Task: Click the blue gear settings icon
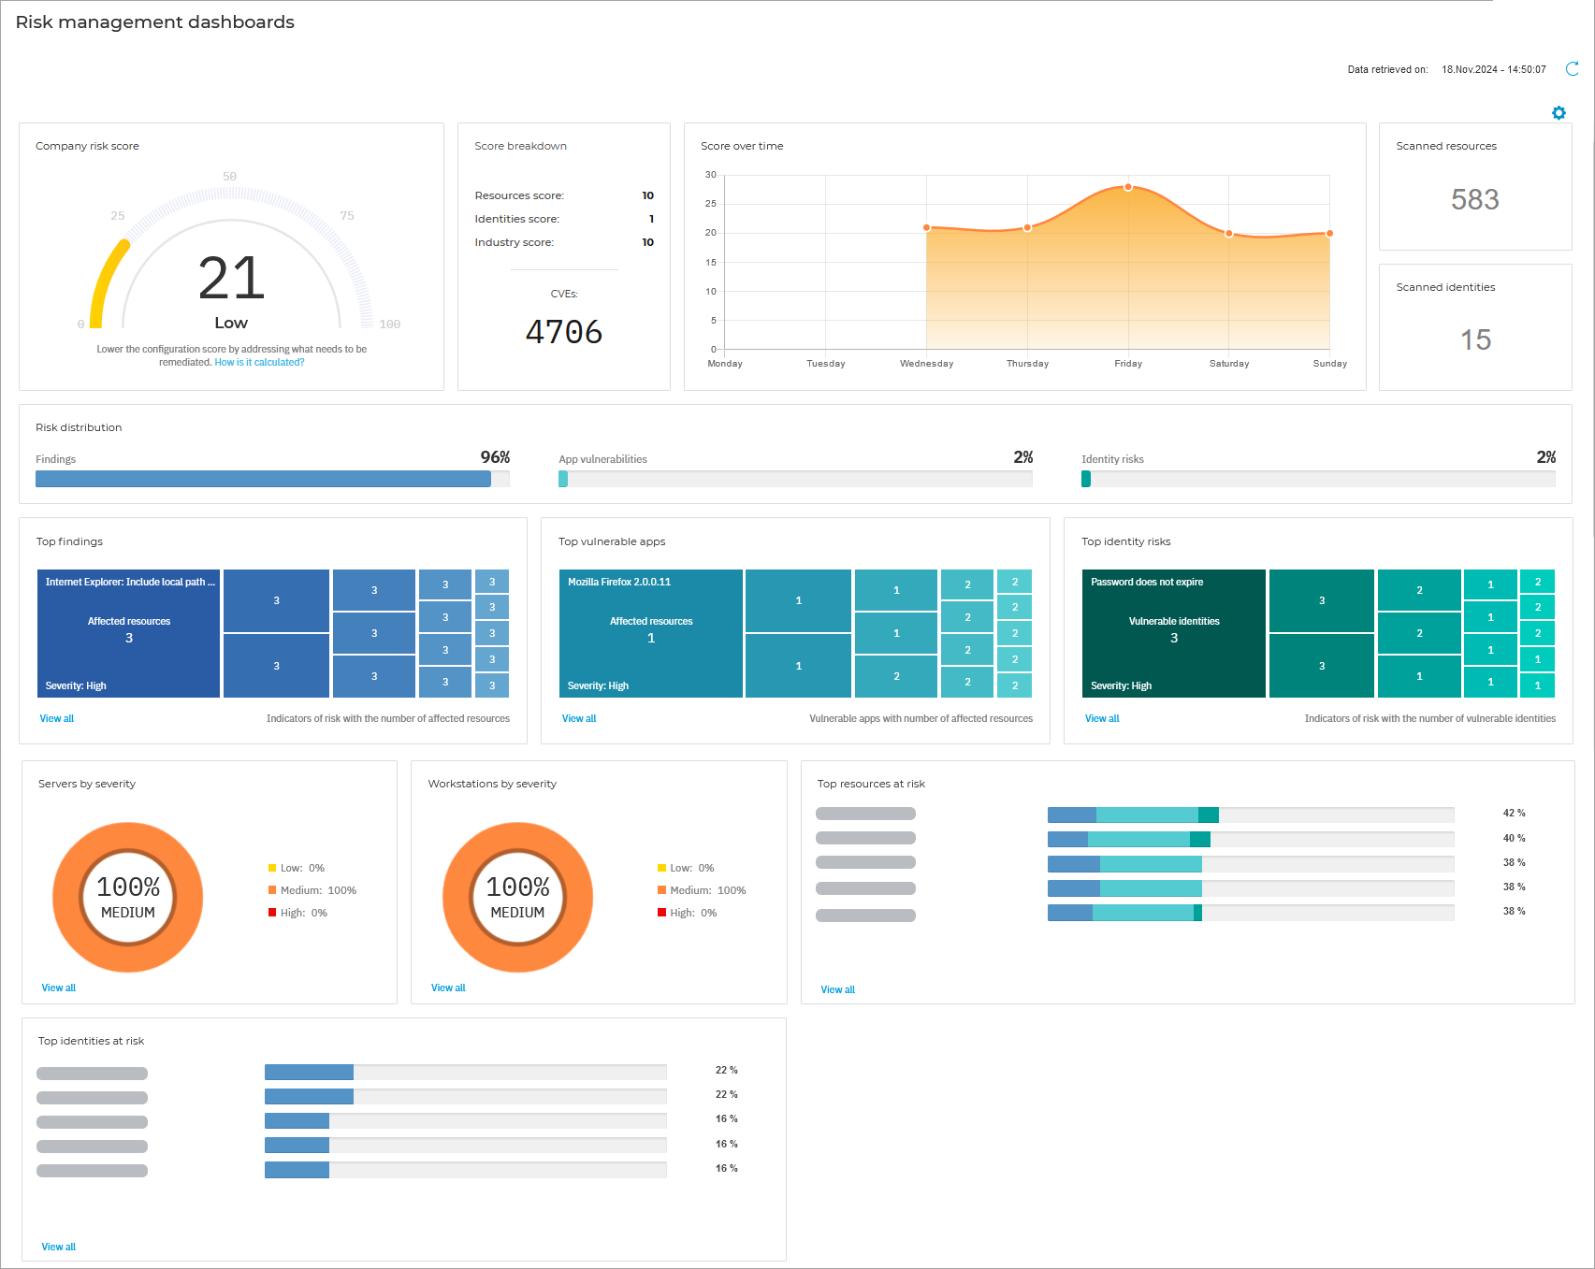pos(1559,113)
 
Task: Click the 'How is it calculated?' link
pos(259,363)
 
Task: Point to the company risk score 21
pos(231,279)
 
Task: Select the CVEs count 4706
pos(563,332)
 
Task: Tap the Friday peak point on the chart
pos(1128,187)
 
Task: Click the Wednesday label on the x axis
pos(926,364)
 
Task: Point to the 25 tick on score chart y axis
pos(711,204)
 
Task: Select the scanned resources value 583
pos(1474,199)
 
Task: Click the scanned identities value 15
pos(1475,339)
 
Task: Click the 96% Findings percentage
pos(495,457)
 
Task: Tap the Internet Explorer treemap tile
pos(129,633)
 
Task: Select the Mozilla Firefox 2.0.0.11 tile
pos(651,633)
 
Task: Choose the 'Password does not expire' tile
pos(1173,633)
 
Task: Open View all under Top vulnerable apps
pos(579,719)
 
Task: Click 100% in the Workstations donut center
pos(517,887)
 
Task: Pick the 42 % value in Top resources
pos(1514,814)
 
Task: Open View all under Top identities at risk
pos(59,1247)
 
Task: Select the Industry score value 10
pos(647,242)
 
